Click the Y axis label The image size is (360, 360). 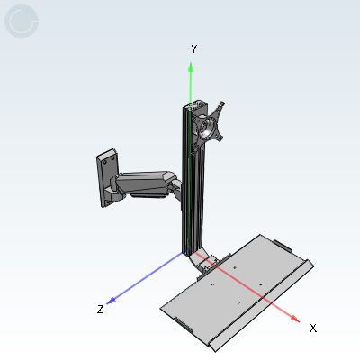tap(193, 49)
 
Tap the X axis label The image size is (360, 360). tap(313, 328)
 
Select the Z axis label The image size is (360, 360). tap(101, 309)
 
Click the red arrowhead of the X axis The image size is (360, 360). tap(295, 319)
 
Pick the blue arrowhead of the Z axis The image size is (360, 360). tap(112, 301)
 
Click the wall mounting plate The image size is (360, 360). tap(107, 177)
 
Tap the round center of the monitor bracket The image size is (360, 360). tap(207, 128)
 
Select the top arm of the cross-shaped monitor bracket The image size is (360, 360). tap(220, 107)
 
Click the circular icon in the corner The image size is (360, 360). tap(22, 21)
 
